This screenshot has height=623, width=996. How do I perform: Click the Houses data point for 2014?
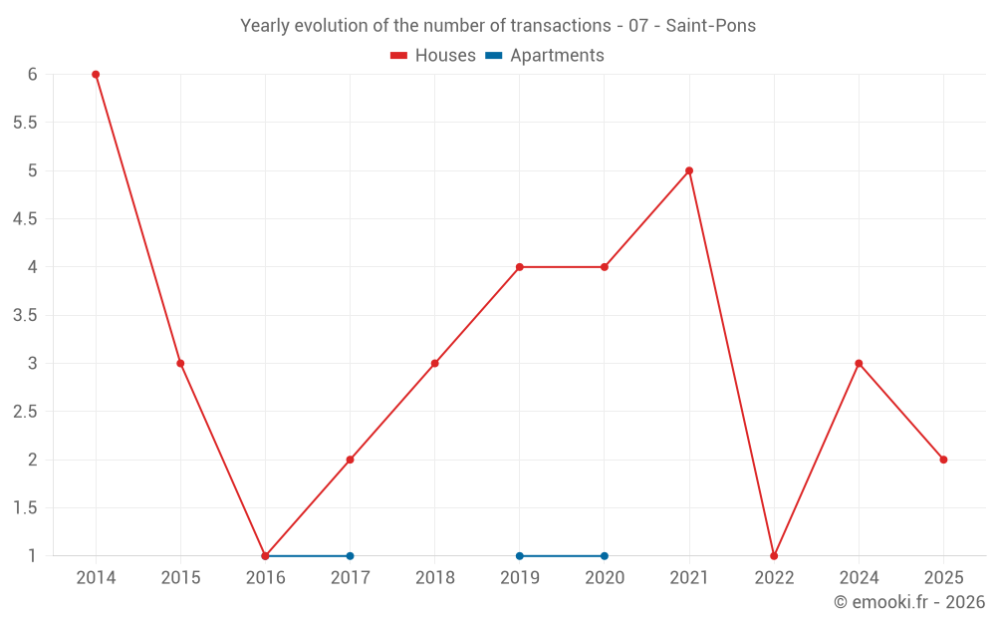[96, 75]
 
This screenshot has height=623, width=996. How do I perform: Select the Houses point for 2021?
[689, 170]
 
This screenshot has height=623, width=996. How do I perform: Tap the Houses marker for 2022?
[774, 556]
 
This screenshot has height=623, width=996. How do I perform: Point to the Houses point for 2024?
[859, 364]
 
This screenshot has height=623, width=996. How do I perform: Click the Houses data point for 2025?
[943, 460]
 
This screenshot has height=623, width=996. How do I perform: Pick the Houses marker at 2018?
[435, 364]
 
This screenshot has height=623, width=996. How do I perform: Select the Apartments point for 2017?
[350, 556]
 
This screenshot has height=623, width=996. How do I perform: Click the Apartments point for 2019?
[520, 556]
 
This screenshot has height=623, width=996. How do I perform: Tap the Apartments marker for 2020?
[605, 556]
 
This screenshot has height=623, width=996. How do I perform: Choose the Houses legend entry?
[433, 56]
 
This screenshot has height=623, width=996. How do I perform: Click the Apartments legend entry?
[545, 56]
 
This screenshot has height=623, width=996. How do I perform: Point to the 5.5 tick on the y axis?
[25, 123]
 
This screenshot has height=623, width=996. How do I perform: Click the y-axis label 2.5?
[25, 412]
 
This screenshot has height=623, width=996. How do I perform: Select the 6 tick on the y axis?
[32, 75]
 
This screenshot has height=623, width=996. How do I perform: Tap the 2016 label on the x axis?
[265, 578]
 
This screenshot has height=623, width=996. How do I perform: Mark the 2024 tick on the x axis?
[859, 578]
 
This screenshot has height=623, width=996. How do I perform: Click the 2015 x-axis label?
[180, 578]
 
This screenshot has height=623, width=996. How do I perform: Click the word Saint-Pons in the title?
[711, 26]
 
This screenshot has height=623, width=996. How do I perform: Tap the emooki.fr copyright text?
[908, 602]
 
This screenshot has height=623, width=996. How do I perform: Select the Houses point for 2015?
[180, 364]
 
